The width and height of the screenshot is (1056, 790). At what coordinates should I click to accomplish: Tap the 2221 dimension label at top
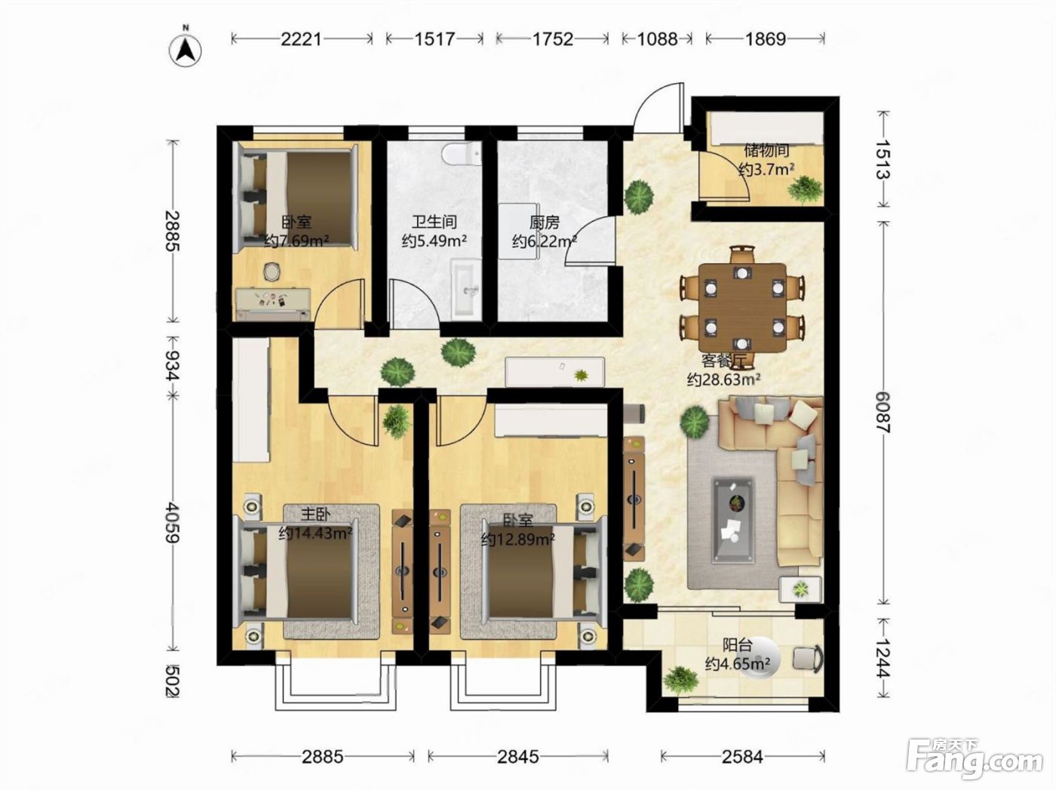[x=301, y=39]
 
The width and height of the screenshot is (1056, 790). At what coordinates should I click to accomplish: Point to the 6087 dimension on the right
[x=883, y=412]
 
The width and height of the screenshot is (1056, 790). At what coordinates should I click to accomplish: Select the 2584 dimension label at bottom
[x=742, y=758]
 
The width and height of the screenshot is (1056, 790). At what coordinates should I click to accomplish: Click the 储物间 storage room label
[x=767, y=151]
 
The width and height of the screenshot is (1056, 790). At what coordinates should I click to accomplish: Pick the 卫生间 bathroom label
[x=434, y=222]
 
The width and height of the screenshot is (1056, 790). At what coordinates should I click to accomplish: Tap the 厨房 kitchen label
[x=545, y=223]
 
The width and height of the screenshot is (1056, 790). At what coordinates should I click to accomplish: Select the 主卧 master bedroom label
[x=315, y=515]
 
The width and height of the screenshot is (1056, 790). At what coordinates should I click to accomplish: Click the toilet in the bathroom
[x=462, y=153]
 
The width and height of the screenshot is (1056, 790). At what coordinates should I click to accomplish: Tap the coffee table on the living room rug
[x=733, y=520]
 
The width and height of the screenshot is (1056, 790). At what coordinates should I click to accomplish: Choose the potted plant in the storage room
[x=805, y=188]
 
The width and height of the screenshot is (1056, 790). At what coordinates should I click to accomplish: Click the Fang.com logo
[x=975, y=758]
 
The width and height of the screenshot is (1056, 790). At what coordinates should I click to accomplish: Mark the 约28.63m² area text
[x=723, y=380]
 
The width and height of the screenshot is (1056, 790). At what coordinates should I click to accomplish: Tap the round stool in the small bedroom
[x=272, y=272]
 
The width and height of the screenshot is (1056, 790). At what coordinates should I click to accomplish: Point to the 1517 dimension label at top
[x=434, y=39]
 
